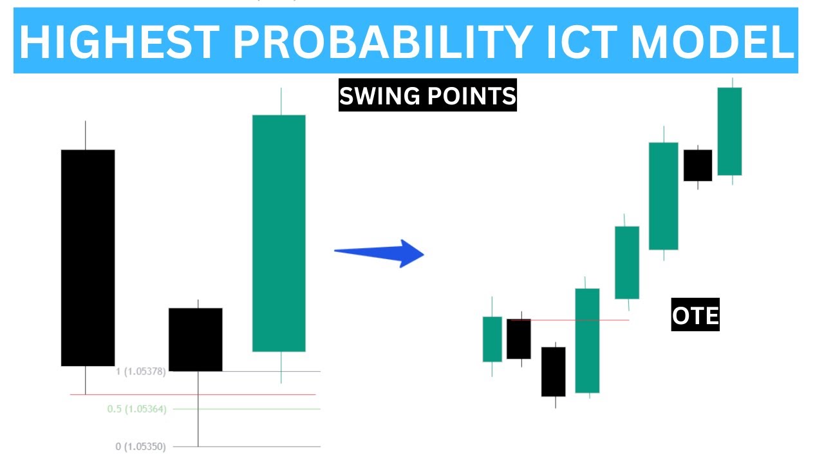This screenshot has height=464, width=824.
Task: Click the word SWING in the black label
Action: (x=379, y=97)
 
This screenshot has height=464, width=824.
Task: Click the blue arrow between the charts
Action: (x=379, y=253)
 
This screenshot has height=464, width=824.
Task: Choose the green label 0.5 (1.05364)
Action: (x=136, y=409)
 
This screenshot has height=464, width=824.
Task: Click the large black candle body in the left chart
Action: (x=88, y=258)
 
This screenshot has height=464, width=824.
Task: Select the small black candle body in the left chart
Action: (x=196, y=340)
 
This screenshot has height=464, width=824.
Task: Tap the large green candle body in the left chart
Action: (x=279, y=233)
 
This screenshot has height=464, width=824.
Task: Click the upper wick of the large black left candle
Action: (x=86, y=135)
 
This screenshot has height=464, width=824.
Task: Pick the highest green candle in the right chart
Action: (x=729, y=131)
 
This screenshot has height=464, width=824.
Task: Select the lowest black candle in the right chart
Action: (x=554, y=372)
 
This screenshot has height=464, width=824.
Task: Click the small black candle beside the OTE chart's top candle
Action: (x=698, y=166)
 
